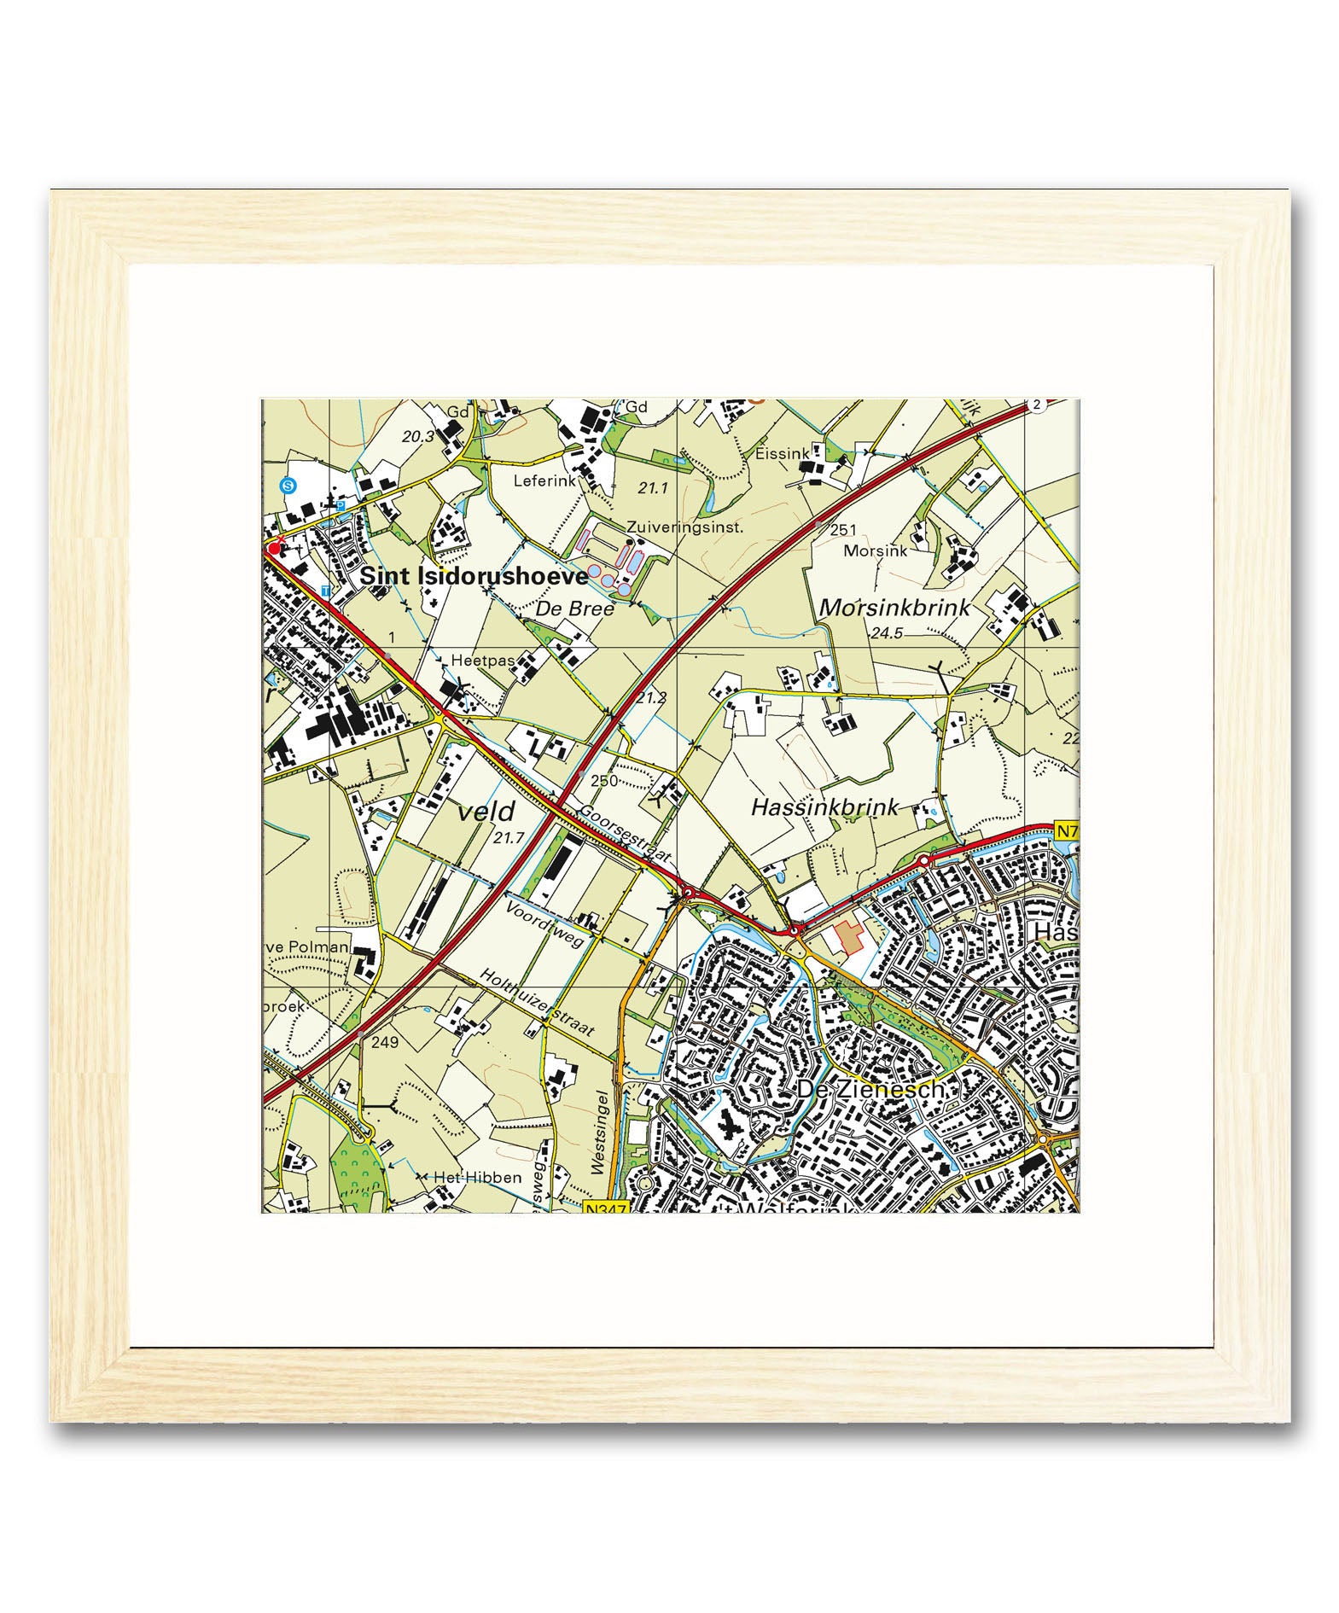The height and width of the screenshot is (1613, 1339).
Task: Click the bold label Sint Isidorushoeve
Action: click(474, 577)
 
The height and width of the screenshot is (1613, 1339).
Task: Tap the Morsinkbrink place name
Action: click(894, 608)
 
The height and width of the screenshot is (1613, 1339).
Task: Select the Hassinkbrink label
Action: click(824, 806)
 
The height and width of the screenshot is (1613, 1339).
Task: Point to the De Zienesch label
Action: click(870, 1090)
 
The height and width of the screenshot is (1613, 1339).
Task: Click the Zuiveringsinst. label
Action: click(684, 527)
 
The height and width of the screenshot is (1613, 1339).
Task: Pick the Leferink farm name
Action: click(544, 481)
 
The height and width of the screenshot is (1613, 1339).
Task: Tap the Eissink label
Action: click(782, 454)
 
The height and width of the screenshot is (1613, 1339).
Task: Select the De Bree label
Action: click(574, 609)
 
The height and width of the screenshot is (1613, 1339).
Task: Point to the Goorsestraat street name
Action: click(626, 834)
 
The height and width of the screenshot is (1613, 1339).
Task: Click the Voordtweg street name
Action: click(544, 924)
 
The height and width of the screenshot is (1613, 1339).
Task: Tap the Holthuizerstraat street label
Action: click(536, 1001)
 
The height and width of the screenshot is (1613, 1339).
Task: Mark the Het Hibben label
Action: click(477, 1178)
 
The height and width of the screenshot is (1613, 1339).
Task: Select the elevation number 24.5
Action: click(887, 633)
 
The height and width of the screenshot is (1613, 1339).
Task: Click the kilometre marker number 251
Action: click(842, 531)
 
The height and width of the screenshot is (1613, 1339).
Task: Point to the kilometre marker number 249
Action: click(385, 1042)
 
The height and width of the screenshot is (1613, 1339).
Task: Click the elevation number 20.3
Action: click(418, 437)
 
